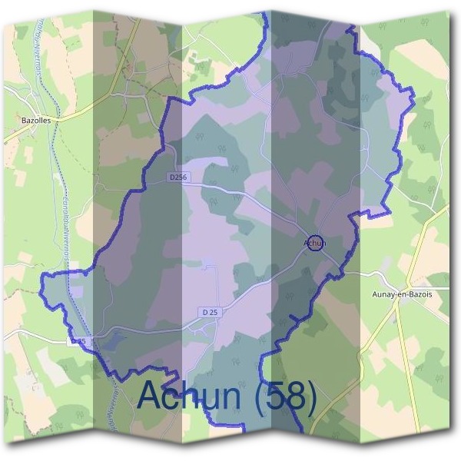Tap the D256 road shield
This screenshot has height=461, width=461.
[177, 177]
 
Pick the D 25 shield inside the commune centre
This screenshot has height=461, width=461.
[210, 312]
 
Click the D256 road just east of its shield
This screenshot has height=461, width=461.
[215, 186]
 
